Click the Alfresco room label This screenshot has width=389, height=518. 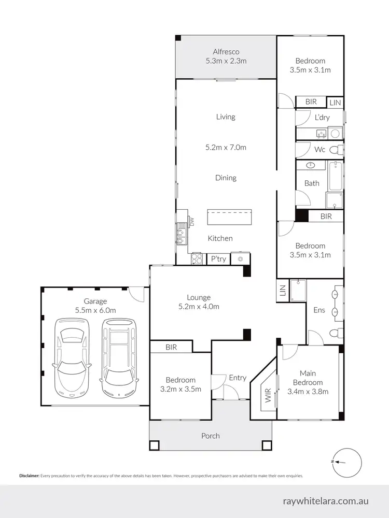226,51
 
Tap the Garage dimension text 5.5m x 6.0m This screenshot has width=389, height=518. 95,310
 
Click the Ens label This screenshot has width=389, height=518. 319,310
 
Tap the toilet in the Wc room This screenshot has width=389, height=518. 338,150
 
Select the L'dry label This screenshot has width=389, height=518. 322,118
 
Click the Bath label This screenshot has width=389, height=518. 312,183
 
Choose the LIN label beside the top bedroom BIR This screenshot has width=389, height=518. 336,103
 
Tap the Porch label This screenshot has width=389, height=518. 210,436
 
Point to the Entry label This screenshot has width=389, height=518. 238,378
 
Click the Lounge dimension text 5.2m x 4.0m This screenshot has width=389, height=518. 199,306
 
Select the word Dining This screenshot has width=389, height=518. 226,178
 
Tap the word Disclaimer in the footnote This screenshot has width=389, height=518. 29,476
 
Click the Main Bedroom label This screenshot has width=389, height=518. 308,377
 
